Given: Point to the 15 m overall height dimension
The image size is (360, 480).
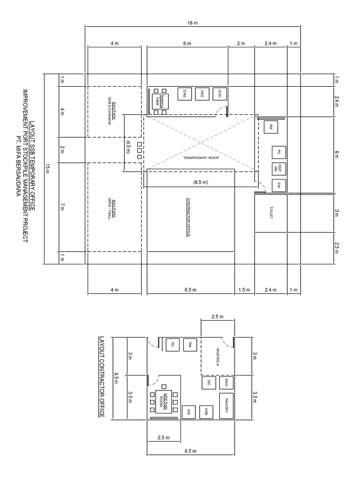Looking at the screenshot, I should (x=47, y=169).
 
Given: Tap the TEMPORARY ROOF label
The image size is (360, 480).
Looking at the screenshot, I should (x=202, y=158).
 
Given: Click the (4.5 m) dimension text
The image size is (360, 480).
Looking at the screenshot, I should (x=127, y=145).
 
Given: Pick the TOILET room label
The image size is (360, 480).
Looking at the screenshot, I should (x=271, y=213).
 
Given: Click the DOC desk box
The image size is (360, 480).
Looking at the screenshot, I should (x=219, y=94).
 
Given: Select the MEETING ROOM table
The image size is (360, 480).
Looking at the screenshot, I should (x=163, y=402).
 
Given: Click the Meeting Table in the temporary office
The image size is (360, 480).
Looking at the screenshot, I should (x=159, y=101).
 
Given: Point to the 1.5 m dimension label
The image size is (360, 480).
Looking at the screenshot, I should (x=244, y=290).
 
